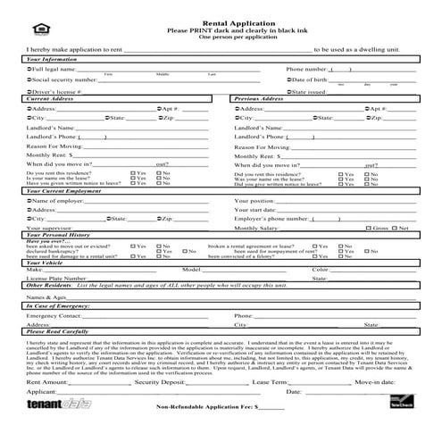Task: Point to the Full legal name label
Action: (x=53, y=69)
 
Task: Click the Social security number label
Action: (x=61, y=80)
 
